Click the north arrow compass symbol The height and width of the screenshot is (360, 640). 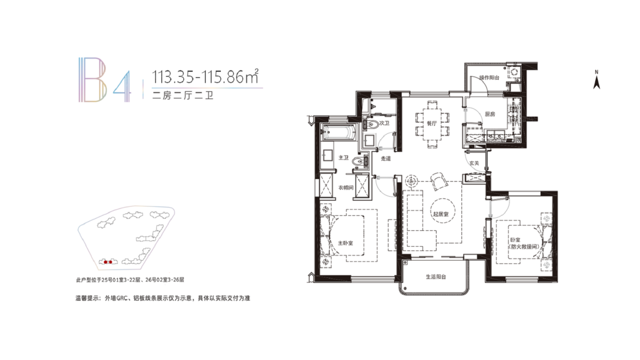pyautogui.click(x=597, y=80)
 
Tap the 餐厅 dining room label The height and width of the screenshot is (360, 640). pyautogui.click(x=432, y=123)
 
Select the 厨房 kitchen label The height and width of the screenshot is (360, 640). pyautogui.click(x=490, y=114)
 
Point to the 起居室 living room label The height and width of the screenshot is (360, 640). pyautogui.click(x=441, y=214)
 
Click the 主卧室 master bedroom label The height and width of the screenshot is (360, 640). pyautogui.click(x=346, y=243)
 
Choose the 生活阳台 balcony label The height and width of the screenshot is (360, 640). pyautogui.click(x=436, y=277)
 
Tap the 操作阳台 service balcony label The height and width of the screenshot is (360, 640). pyautogui.click(x=489, y=78)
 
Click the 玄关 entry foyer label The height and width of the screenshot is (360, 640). pyautogui.click(x=474, y=163)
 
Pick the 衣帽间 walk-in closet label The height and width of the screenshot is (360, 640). pyautogui.click(x=346, y=188)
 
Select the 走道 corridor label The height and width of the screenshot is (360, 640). pyautogui.click(x=386, y=159)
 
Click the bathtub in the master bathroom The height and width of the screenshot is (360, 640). pyautogui.click(x=339, y=132)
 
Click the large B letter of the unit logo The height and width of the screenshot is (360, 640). pyautogui.click(x=92, y=79)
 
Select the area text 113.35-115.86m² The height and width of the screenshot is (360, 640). pyautogui.click(x=205, y=76)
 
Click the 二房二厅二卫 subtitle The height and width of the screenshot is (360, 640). pyautogui.click(x=183, y=95)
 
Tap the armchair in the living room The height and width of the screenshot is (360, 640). pyautogui.click(x=438, y=181)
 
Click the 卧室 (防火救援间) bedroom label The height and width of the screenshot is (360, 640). pyautogui.click(x=524, y=243)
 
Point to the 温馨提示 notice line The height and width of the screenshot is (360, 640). pyautogui.click(x=163, y=298)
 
